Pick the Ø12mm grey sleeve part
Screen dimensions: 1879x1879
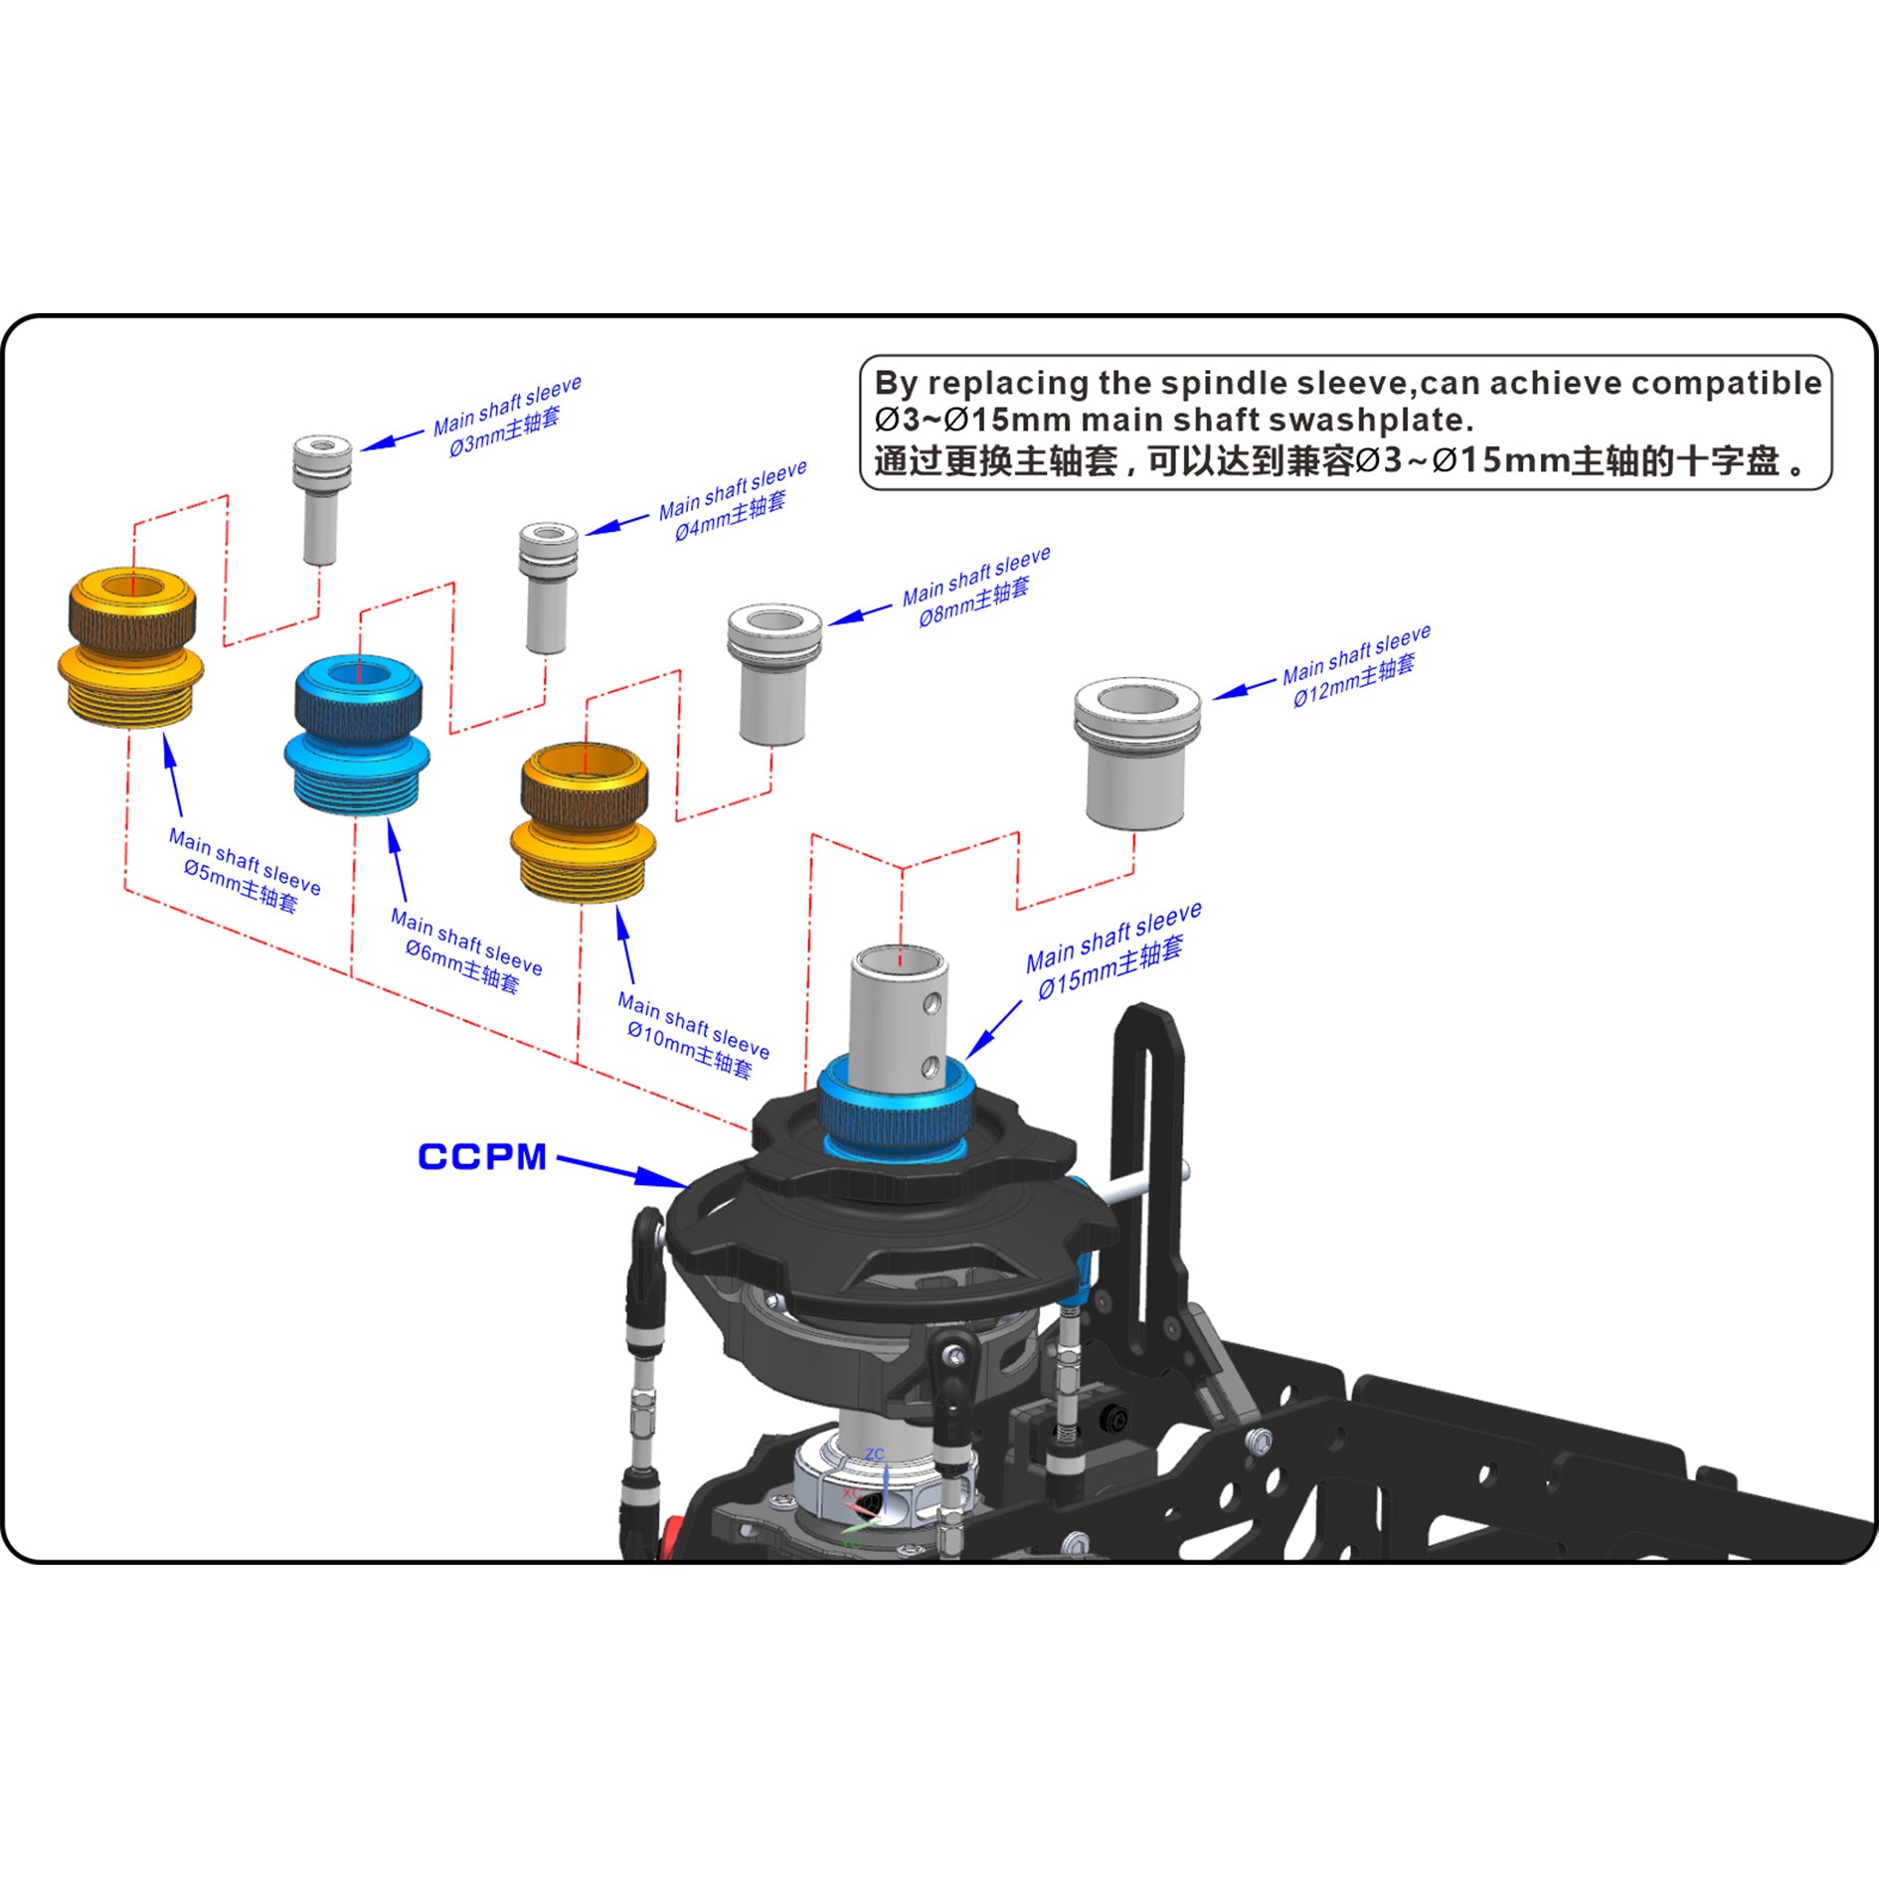coord(1135,754)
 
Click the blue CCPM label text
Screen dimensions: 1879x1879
coord(482,1156)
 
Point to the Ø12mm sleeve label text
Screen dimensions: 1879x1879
coord(1354,666)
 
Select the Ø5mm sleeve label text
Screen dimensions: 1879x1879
coord(244,871)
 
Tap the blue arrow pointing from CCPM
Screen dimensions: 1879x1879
coord(621,1170)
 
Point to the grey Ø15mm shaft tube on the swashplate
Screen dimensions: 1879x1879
coord(898,1004)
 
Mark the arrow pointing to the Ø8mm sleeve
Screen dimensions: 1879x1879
coord(861,614)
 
